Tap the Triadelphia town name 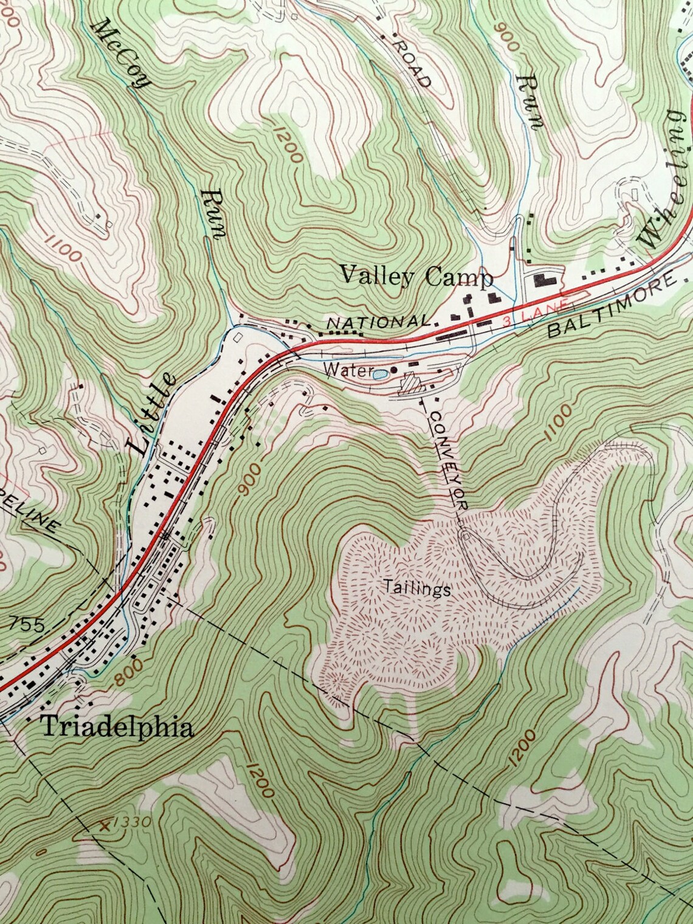pos(117,726)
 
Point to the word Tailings pos(417,588)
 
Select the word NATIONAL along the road pos(378,322)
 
